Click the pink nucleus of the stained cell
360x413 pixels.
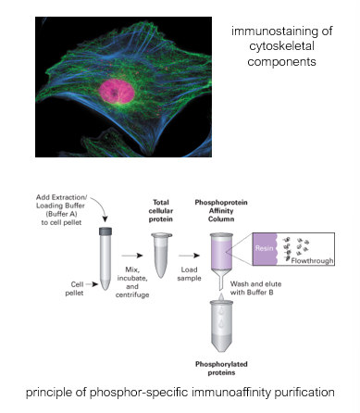(117, 91)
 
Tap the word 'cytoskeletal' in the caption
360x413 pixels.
(281, 46)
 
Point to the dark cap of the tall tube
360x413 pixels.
(106, 232)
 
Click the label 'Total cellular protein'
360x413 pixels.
(161, 211)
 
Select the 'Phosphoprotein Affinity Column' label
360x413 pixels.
(221, 211)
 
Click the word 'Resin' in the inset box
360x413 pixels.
(264, 248)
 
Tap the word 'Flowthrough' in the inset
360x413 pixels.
(312, 261)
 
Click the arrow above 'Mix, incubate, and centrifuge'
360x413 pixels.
(132, 256)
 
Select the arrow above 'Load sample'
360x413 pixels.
(189, 256)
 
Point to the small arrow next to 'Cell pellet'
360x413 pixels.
(92, 284)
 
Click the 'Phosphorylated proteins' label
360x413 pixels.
(221, 369)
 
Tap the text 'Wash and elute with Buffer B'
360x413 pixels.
(255, 288)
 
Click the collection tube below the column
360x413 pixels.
(221, 327)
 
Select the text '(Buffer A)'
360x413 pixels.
(61, 214)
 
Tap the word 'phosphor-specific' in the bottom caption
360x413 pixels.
(139, 393)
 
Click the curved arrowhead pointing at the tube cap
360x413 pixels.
(106, 219)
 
